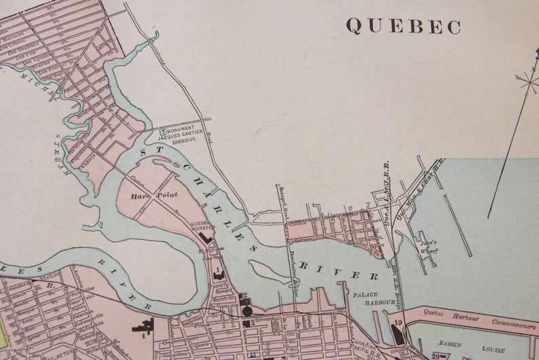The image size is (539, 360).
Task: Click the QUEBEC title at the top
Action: tap(403, 26)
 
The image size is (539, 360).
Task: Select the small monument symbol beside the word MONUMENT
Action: tap(162, 130)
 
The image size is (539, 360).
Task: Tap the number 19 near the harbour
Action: tap(398, 323)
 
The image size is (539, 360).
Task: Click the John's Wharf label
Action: tap(428, 246)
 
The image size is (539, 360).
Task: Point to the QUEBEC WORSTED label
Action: tap(201, 228)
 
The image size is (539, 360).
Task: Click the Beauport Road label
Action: tap(278, 197)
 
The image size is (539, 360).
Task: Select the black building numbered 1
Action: tap(217, 272)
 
